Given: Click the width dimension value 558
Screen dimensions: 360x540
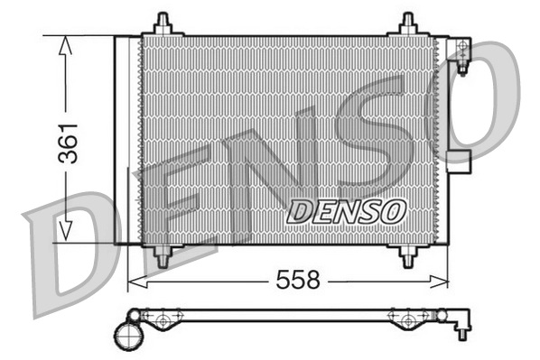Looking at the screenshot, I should point(298,281).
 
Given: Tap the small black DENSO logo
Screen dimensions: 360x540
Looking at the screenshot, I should point(347,212).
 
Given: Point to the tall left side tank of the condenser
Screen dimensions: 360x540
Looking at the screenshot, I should point(126,140).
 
